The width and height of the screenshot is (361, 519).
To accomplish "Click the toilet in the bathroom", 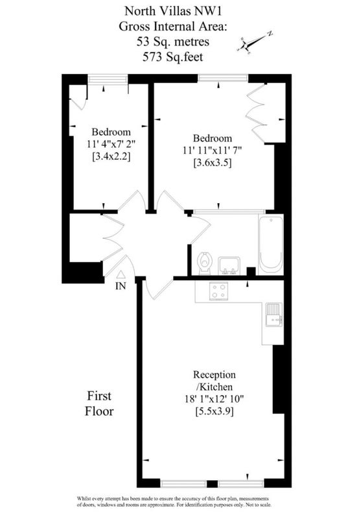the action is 205,263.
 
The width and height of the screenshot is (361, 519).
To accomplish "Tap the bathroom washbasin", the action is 229,265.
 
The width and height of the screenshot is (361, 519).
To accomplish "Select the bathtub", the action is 271,245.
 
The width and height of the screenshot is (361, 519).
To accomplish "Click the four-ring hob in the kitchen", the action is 219,291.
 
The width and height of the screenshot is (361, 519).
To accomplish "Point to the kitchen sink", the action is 274,314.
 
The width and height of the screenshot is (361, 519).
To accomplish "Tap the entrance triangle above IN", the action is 121,274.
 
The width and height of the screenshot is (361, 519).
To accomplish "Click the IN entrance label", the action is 121,286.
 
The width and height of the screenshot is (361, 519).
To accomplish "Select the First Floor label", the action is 99,404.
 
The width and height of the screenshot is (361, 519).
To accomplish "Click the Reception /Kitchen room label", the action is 215,381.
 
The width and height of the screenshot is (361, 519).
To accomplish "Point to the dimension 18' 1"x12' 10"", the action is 215,399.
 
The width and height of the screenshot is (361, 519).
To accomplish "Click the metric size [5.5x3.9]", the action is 215,411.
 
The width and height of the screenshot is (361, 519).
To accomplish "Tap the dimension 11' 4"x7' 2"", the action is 111,144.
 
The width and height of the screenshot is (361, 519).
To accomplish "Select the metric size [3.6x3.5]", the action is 213,163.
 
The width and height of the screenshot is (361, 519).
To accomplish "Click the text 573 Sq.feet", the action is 173,57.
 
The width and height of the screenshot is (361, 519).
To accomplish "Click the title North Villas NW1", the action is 173,11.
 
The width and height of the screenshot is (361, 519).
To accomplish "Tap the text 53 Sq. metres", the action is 173,42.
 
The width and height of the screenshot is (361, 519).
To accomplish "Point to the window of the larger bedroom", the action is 223,78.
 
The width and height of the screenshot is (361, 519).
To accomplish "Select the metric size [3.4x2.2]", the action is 111,156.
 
